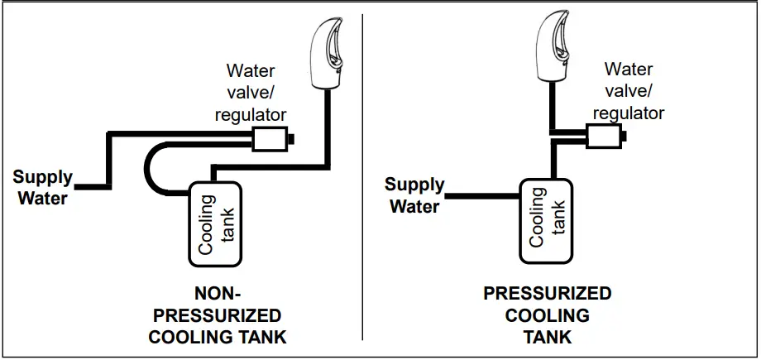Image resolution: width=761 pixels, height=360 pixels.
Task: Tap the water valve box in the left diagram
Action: (x=268, y=139)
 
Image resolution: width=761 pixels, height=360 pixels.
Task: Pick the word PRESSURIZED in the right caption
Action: (x=548, y=294)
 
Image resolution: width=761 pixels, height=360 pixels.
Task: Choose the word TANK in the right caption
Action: (x=548, y=337)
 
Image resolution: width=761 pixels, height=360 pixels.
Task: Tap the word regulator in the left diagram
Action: (x=251, y=114)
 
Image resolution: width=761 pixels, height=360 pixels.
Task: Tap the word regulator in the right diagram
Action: (x=629, y=113)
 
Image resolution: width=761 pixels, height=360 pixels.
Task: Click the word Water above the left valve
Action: (x=251, y=71)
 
